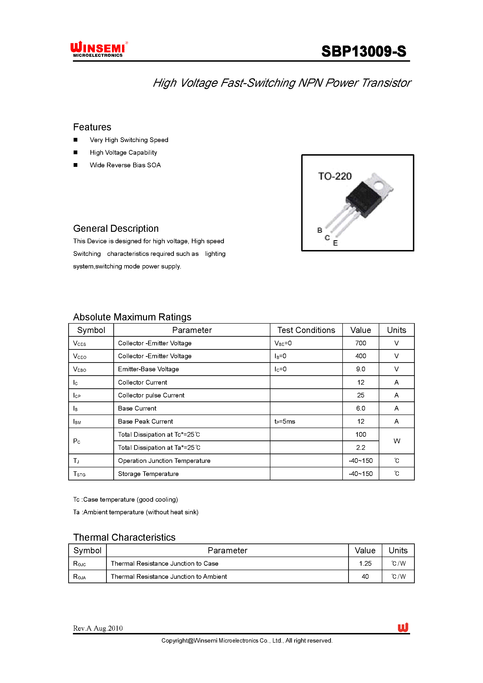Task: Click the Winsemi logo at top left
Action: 98,49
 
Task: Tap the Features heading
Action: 92,127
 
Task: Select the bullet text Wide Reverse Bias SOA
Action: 125,165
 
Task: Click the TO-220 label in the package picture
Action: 335,176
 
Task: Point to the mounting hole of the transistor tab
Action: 379,186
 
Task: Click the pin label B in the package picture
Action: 320,230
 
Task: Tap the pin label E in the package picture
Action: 336,243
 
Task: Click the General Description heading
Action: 116,229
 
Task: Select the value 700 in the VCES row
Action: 361,343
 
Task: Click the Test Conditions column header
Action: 306,330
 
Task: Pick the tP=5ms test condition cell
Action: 285,422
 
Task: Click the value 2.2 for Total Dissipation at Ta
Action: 361,447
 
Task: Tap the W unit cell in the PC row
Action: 397,441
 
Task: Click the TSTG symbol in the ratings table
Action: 79,474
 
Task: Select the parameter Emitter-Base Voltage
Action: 148,369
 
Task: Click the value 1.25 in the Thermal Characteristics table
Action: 365,563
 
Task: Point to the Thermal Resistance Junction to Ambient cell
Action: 169,576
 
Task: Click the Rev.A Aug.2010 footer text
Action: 98,628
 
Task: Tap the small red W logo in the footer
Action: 403,628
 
